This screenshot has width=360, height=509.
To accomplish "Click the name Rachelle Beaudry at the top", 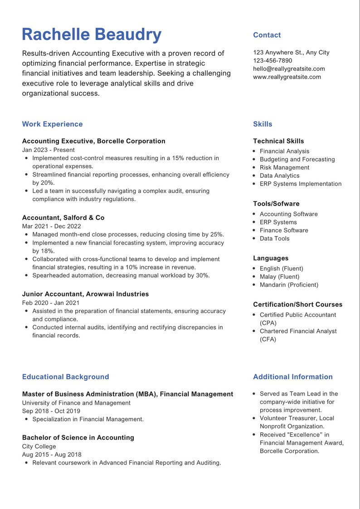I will pos(92,35).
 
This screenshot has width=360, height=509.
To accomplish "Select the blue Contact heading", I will pos(267,35).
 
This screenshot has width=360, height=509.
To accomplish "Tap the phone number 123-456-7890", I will pos(272,60).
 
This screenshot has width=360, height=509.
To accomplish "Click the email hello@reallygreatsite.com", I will pos(289,69).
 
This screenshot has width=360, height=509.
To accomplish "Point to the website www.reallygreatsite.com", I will pos(287,77).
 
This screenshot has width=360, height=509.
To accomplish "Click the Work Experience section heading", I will pos(52,124).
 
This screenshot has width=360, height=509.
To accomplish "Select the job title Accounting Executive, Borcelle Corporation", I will pos(93,141).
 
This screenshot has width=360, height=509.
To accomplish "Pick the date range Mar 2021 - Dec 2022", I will pos(51,226).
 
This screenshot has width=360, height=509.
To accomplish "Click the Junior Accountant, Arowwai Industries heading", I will pos(85,294).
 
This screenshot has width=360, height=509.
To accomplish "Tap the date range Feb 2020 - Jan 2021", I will pos(50,303).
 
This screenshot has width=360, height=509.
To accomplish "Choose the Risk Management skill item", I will pos(284,167).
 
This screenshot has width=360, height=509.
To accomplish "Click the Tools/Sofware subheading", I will pos(276,204).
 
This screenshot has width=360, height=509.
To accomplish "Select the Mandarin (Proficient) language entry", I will pos(289,285).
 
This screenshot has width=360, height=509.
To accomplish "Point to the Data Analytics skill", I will pos(279,176).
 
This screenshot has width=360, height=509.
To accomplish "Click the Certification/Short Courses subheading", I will pos(297,304).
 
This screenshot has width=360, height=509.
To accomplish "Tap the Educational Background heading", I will pos(65,377).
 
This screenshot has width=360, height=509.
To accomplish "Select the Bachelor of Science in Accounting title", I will pos(78,437).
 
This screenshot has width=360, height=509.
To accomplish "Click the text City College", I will pos(39,446).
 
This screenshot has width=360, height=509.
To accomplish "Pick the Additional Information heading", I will pos(292,377).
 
